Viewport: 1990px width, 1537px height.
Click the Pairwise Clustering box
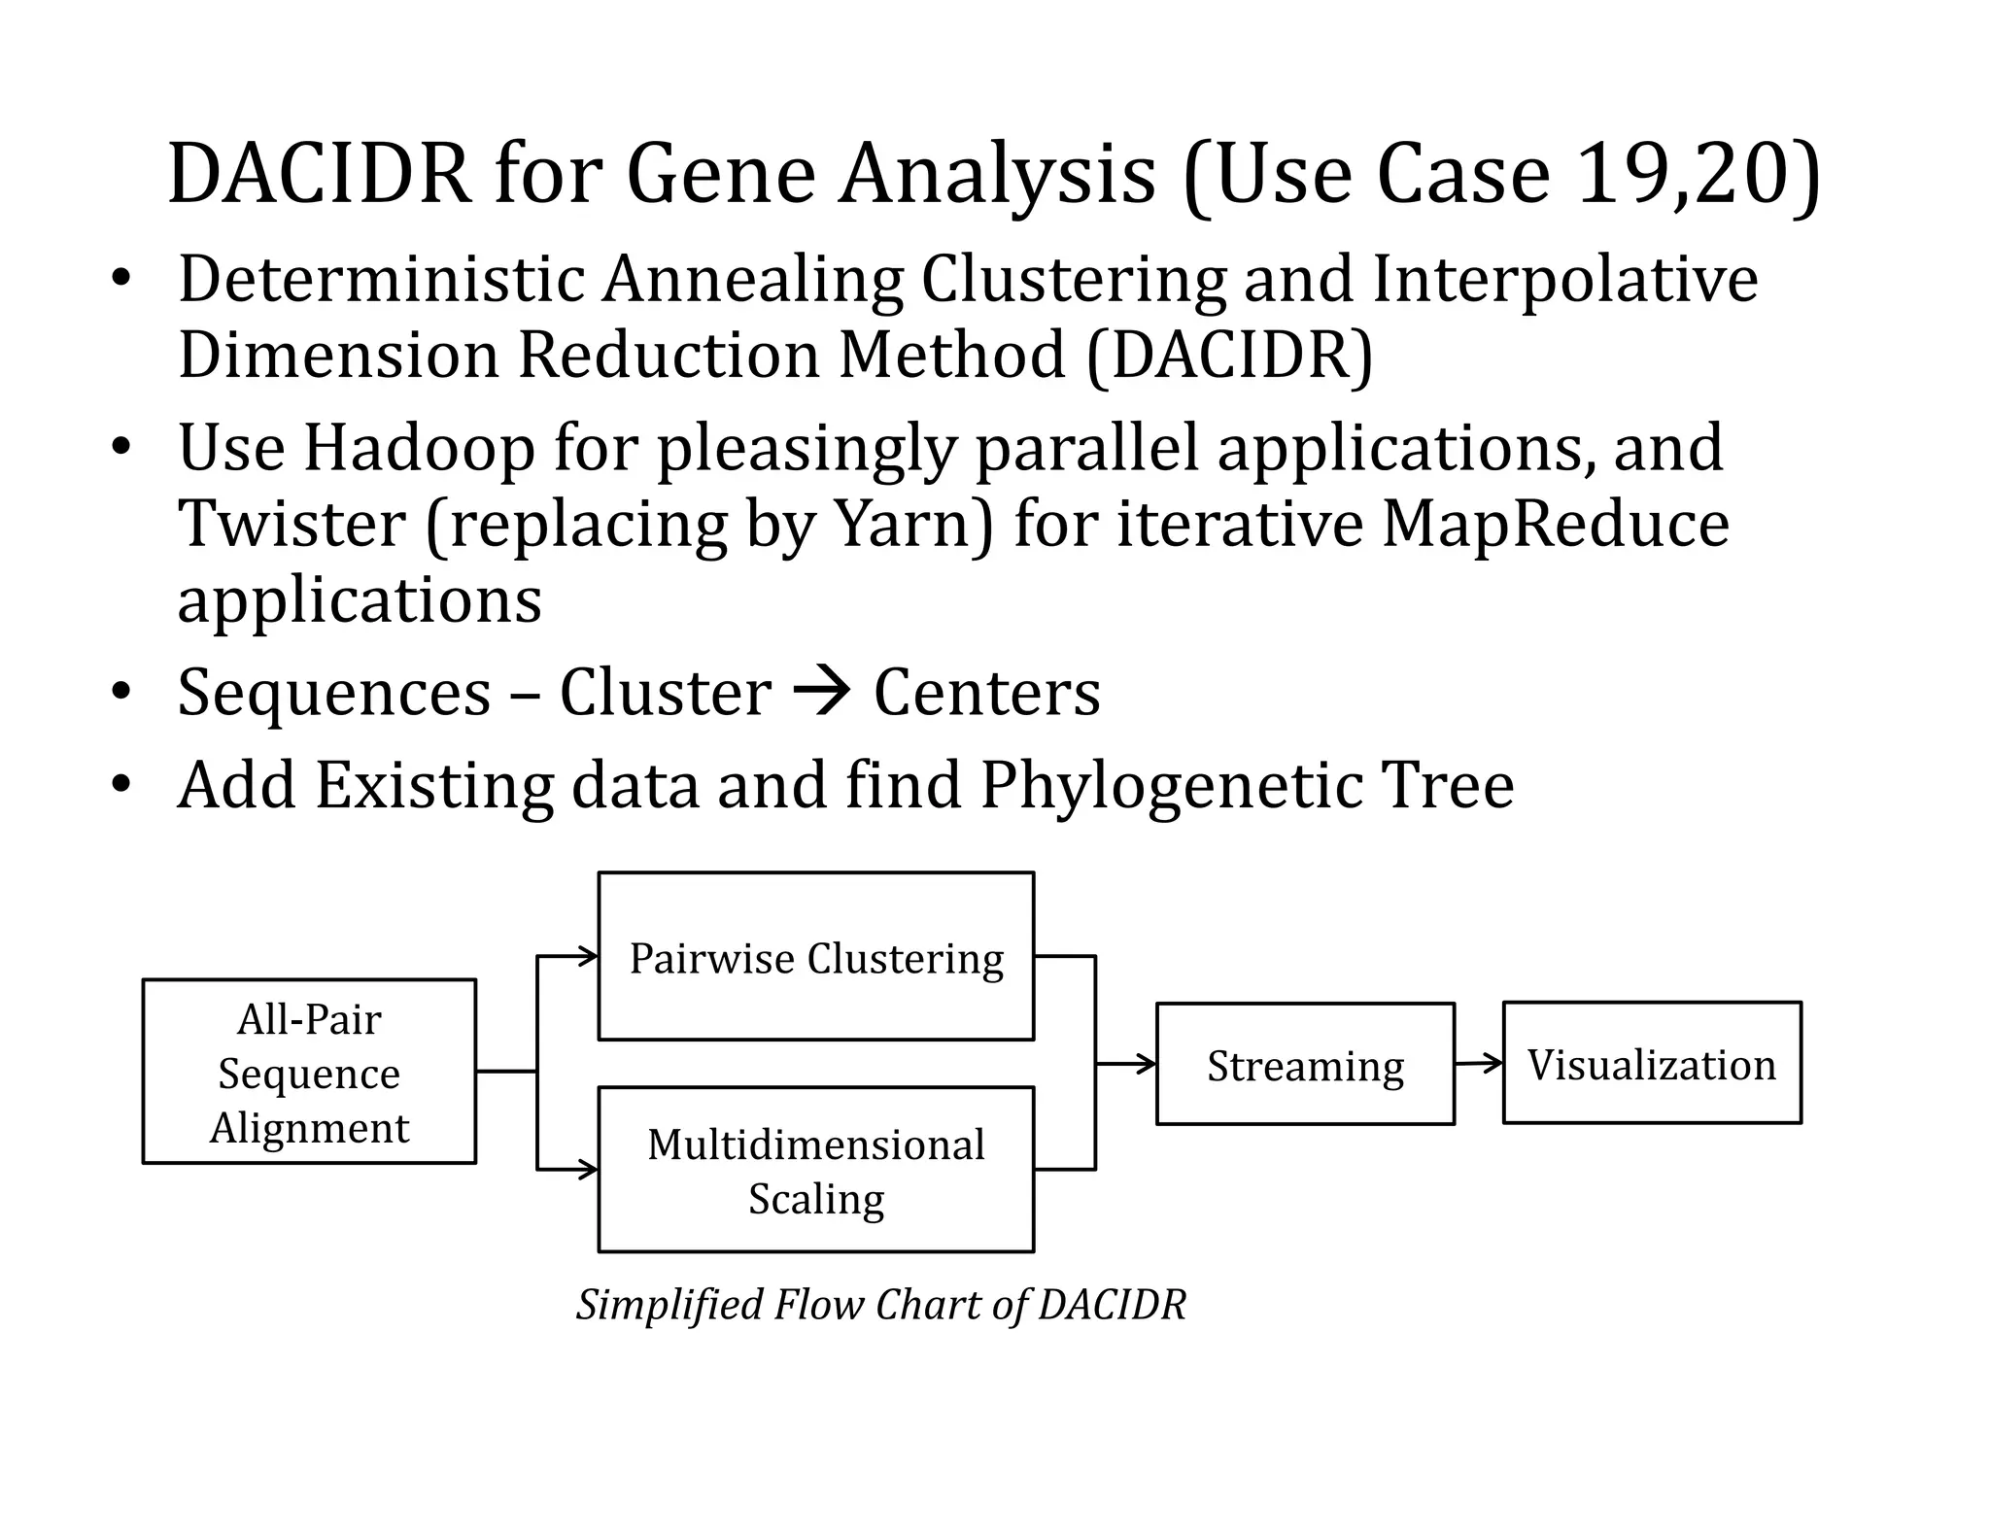click(x=815, y=957)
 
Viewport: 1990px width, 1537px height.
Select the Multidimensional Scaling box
click(x=815, y=1170)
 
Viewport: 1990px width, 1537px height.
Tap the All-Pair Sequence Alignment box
click(x=309, y=1072)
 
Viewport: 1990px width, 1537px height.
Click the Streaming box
click(x=1305, y=1065)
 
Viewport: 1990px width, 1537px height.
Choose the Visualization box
click(x=1652, y=1064)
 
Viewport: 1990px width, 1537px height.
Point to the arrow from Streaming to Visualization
click(x=1479, y=1064)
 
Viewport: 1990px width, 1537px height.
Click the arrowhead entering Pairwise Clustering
click(x=588, y=957)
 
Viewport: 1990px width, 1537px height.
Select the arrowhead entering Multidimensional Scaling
click(x=588, y=1170)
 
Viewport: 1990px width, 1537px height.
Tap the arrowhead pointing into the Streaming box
click(x=1147, y=1064)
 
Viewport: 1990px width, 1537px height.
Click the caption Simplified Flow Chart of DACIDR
click(x=880, y=1304)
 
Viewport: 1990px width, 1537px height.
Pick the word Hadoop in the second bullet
click(x=419, y=449)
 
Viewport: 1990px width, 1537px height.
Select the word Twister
click(x=292, y=525)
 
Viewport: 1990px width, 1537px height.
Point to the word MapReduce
click(x=1555, y=525)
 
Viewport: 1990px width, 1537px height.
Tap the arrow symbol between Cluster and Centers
click(x=822, y=693)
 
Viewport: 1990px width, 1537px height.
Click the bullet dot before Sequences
click(x=120, y=693)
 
